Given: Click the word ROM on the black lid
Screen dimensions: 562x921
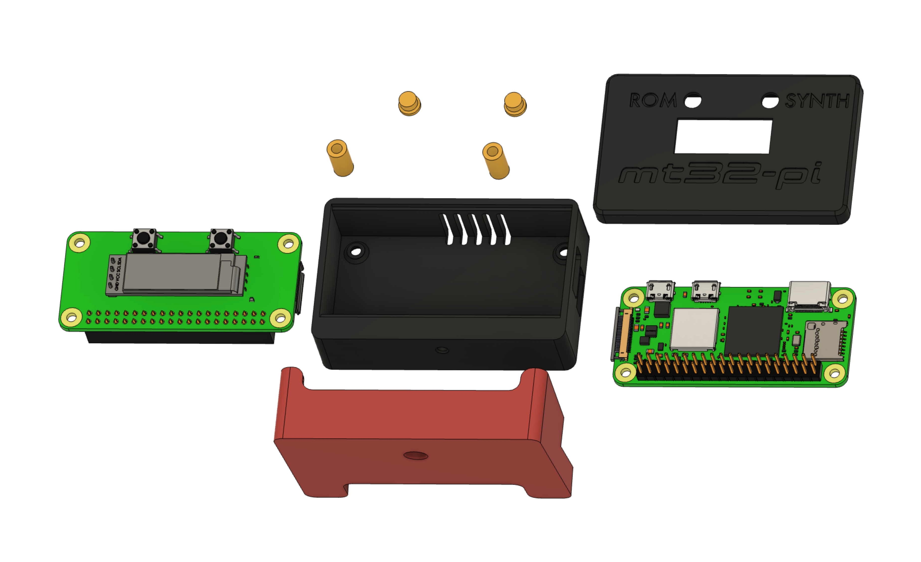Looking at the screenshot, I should pyautogui.click(x=653, y=100).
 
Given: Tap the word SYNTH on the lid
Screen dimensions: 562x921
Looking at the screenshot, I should pyautogui.click(x=817, y=101).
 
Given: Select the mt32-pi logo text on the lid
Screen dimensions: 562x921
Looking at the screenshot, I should pyautogui.click(x=720, y=174).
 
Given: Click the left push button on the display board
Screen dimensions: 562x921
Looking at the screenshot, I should pyautogui.click(x=144, y=238).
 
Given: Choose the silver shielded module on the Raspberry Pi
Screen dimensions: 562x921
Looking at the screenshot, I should pyautogui.click(x=694, y=329).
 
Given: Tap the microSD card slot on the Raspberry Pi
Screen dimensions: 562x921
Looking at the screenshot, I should pyautogui.click(x=824, y=340).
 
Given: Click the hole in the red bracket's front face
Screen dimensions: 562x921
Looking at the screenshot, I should pyautogui.click(x=416, y=455).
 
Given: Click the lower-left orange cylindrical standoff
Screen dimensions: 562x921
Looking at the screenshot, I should pyautogui.click(x=340, y=158).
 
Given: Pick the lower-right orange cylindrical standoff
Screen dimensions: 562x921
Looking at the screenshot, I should pyautogui.click(x=496, y=161).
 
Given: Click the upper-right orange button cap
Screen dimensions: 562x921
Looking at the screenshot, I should pyautogui.click(x=515, y=104).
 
